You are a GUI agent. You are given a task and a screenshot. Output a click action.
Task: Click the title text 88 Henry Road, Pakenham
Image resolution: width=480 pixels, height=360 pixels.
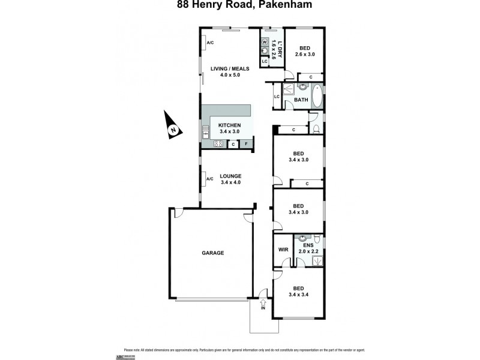tap(240, 6)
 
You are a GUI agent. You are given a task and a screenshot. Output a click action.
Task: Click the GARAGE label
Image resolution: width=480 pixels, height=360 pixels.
tap(212, 253)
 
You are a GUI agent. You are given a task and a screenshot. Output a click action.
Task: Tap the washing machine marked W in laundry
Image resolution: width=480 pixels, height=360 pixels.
tap(265, 42)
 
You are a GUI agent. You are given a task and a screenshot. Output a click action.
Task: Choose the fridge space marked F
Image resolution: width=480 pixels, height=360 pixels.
tap(245, 144)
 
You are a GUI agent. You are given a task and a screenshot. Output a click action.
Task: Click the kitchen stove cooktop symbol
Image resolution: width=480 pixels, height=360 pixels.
tap(218, 144)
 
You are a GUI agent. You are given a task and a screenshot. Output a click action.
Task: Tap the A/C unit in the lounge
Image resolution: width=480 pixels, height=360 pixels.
tap(209, 179)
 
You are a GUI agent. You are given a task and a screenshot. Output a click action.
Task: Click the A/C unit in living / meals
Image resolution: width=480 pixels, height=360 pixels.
tap(209, 43)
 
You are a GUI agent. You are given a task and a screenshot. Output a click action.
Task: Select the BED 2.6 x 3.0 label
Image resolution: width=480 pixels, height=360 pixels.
tap(305, 51)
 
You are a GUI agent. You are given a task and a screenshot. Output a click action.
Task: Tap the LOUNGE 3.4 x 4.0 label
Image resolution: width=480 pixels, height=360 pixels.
tap(230, 179)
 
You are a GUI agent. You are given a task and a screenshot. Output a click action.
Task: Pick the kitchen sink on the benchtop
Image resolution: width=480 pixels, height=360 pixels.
tap(205, 130)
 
